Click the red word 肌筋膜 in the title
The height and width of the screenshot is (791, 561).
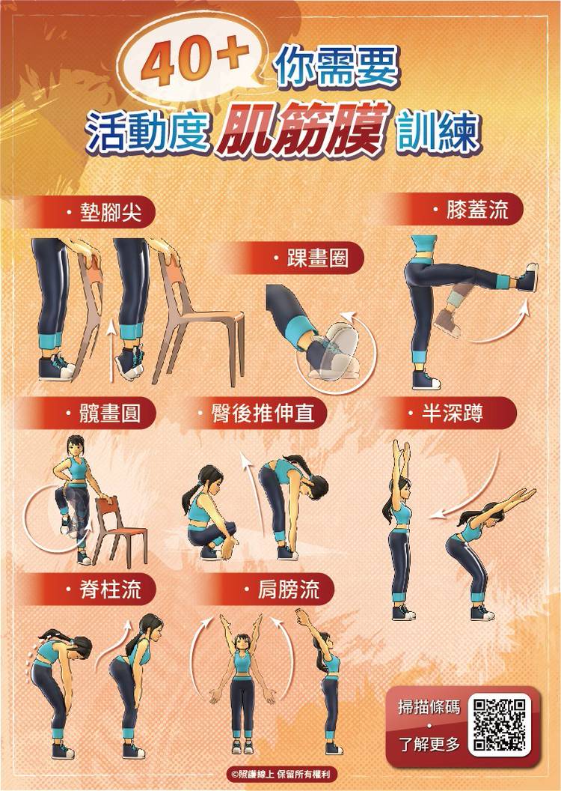point(302,129)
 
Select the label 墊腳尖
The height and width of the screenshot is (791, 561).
point(110,213)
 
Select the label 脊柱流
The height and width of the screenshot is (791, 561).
point(110,589)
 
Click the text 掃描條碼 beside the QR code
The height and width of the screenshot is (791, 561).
point(429,707)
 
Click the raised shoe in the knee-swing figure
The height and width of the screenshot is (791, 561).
point(527,277)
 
